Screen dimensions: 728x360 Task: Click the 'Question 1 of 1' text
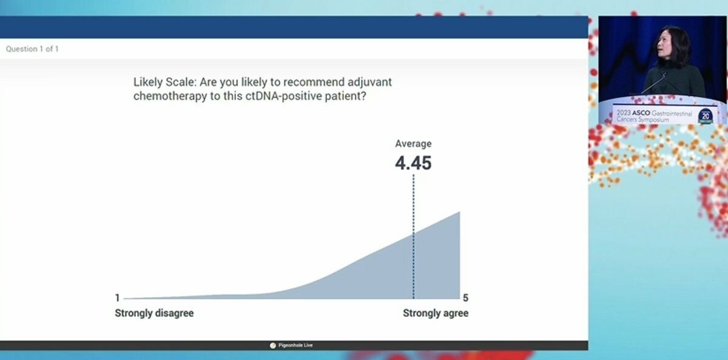click(x=32, y=49)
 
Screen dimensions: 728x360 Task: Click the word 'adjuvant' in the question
click(x=369, y=83)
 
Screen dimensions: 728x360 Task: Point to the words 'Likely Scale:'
click(x=165, y=83)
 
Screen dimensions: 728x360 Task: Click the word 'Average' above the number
click(x=413, y=144)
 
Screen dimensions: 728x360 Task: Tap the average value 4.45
click(x=413, y=163)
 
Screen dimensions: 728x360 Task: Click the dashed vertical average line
click(x=413, y=236)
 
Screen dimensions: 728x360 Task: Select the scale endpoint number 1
click(x=117, y=297)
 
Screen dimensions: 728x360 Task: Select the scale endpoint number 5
click(x=465, y=297)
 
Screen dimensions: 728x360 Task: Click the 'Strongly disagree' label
click(x=154, y=313)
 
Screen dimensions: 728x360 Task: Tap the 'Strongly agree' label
click(x=436, y=313)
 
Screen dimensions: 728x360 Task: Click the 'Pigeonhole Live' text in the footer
click(x=295, y=345)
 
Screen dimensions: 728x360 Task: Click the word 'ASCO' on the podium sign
click(x=641, y=113)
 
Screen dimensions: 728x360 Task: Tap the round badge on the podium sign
click(x=705, y=116)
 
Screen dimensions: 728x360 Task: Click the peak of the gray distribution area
click(x=460, y=212)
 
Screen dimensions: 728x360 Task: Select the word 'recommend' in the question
click(x=314, y=83)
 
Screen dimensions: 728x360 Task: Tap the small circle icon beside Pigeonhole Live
click(x=272, y=345)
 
